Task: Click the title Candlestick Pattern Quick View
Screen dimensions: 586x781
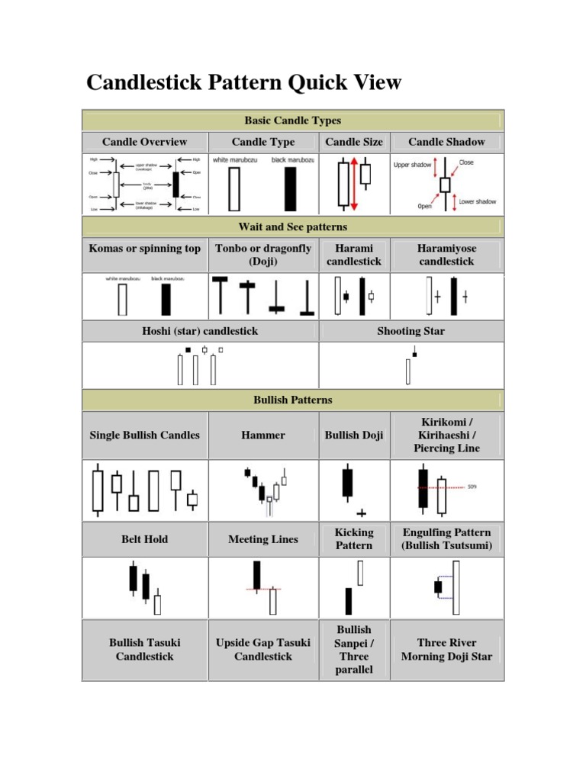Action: pyautogui.click(x=243, y=82)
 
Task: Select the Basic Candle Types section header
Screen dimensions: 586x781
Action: pyautogui.click(x=292, y=121)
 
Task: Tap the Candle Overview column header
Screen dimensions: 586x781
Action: pyautogui.click(x=144, y=142)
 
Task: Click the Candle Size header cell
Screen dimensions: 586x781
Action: pyautogui.click(x=354, y=142)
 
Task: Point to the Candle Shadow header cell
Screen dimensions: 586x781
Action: pyautogui.click(x=446, y=142)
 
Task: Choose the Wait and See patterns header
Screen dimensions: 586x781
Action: pyautogui.click(x=292, y=227)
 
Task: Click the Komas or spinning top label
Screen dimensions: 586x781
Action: pyautogui.click(x=144, y=249)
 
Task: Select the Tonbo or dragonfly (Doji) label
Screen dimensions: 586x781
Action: pyautogui.click(x=263, y=255)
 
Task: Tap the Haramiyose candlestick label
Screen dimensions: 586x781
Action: pyautogui.click(x=446, y=255)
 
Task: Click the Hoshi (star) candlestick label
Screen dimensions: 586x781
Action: pyautogui.click(x=201, y=331)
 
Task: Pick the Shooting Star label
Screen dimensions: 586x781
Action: pyautogui.click(x=411, y=331)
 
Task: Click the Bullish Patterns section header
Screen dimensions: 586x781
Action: pyautogui.click(x=292, y=400)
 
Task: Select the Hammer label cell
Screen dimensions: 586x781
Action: pyautogui.click(x=263, y=435)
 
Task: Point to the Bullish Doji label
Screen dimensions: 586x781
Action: pyautogui.click(x=354, y=435)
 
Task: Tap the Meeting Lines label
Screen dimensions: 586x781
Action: pyautogui.click(x=263, y=539)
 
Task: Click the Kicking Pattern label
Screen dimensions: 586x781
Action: pyautogui.click(x=354, y=539)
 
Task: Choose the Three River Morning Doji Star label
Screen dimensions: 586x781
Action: pyautogui.click(x=446, y=650)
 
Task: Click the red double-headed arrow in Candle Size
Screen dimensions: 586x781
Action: pyautogui.click(x=353, y=184)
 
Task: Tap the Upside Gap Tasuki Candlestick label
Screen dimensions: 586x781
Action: pyautogui.click(x=263, y=650)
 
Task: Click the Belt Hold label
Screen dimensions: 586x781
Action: pyautogui.click(x=144, y=539)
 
